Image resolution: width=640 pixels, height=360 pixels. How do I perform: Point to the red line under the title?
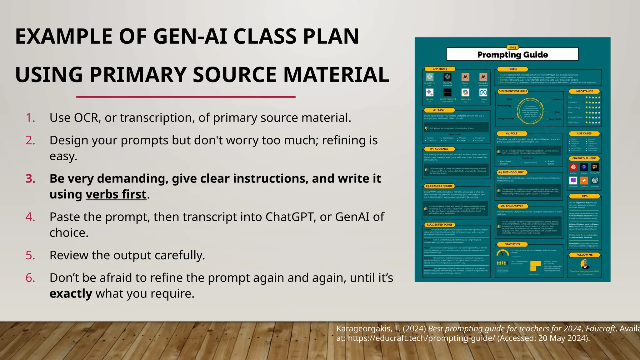(186, 97)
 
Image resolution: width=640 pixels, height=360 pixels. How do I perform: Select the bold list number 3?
(30, 179)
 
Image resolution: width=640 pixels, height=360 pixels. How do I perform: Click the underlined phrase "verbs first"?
(116, 195)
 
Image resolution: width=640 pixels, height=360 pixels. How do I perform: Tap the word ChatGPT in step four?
(290, 217)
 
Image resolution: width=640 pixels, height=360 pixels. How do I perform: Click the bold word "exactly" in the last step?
(71, 294)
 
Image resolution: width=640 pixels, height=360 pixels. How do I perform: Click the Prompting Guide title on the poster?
(512, 55)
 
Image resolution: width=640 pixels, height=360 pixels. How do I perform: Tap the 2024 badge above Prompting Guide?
(512, 47)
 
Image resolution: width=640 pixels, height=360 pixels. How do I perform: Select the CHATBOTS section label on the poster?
(440, 69)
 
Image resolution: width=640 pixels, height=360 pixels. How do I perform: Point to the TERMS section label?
(512, 69)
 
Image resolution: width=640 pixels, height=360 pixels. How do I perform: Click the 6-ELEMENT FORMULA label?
(513, 91)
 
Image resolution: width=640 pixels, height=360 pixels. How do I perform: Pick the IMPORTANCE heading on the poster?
(584, 91)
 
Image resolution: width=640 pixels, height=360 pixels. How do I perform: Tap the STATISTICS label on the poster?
(512, 244)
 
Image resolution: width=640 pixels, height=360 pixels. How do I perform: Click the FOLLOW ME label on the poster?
(584, 255)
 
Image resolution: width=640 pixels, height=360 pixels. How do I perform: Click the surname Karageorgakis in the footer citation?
(364, 329)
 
